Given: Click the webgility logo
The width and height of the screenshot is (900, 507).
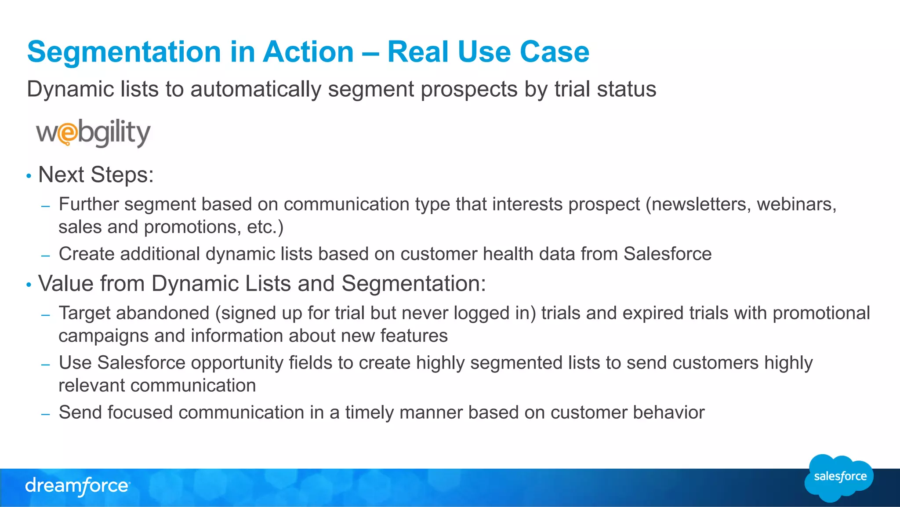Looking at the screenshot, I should [x=93, y=133].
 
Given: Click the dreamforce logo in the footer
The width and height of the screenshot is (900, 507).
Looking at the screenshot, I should [x=77, y=486].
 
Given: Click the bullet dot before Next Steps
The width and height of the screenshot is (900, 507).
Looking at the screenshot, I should [x=29, y=176].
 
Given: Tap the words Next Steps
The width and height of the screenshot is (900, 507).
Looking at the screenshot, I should [x=96, y=175].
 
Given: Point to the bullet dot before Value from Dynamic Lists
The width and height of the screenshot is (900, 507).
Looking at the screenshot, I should [x=29, y=285].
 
